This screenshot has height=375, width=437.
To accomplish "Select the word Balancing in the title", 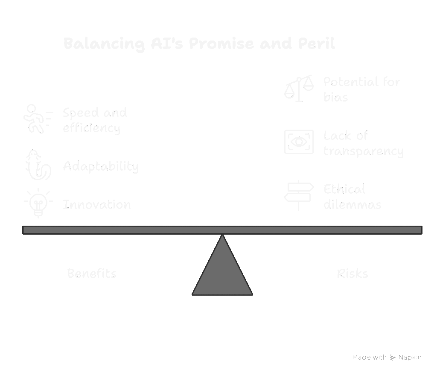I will click(x=104, y=44).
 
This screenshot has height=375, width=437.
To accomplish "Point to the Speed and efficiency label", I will click(x=95, y=120).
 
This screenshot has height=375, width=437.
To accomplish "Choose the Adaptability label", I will click(x=101, y=166).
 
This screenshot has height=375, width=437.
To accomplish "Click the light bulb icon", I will click(x=38, y=203).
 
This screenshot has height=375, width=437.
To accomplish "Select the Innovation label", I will click(x=97, y=204).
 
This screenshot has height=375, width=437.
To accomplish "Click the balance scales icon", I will click(x=299, y=88).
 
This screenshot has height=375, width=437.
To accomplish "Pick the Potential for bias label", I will click(x=361, y=89).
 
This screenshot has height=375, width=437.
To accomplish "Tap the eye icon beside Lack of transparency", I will click(x=299, y=142).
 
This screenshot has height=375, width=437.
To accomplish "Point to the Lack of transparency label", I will click(x=363, y=143).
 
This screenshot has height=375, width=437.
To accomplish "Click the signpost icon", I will click(x=299, y=195).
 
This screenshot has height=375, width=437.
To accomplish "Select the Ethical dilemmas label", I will click(x=352, y=197).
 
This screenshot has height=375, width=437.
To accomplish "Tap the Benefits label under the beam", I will click(x=92, y=273).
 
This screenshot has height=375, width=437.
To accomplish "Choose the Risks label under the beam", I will click(x=353, y=273).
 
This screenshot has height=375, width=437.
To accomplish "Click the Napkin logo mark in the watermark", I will click(x=393, y=358).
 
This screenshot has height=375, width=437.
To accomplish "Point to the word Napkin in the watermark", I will click(x=410, y=358).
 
